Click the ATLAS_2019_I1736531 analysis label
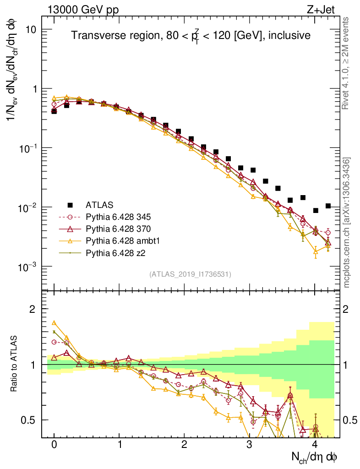coord(190,274)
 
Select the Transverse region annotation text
coord(191,36)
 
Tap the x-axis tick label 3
coord(249,445)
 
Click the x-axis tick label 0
coord(54,445)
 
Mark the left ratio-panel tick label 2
coord(33,309)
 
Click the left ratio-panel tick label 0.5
coord(29,420)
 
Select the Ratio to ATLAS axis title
coord(15,363)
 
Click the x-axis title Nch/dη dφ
coord(315,457)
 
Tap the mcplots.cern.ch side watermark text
coord(347,223)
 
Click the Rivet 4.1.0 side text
coord(347,63)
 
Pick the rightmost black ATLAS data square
coord(327,206)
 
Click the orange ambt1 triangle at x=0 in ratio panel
coord(54,323)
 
